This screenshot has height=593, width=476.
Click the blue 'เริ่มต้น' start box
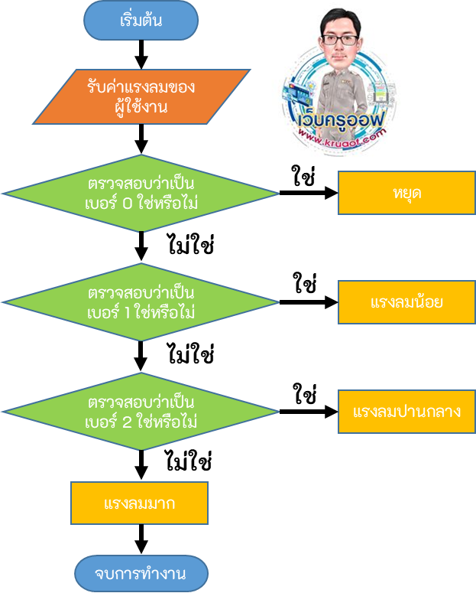point(141,21)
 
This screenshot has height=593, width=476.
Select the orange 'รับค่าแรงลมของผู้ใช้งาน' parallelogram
point(141,96)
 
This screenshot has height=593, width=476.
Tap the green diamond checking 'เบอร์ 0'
point(141,194)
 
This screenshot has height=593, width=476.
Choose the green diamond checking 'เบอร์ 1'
point(141,303)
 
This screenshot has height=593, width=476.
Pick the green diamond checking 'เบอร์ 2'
point(141,412)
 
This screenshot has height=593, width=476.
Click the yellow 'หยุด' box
point(406,193)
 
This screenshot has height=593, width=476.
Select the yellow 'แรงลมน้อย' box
point(406,302)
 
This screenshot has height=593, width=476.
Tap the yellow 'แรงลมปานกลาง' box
point(406,411)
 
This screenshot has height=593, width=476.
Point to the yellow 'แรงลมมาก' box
point(139,503)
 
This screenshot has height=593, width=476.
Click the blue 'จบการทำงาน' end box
point(141,573)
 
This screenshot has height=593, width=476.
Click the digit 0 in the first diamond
point(128,204)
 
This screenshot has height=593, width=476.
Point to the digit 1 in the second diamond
point(128,314)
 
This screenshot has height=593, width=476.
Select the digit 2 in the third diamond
point(128,422)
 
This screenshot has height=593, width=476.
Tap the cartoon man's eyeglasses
point(340,39)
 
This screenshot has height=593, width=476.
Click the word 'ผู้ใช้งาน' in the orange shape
point(141,107)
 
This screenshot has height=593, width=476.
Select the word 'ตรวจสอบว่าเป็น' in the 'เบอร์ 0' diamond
point(141,184)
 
